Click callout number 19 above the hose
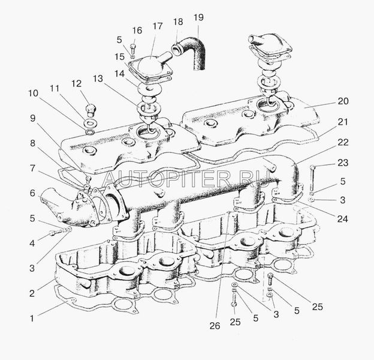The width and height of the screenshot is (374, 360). coord(198,17)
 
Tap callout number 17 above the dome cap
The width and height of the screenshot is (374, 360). coord(158,26)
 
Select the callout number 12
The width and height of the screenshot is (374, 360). coord(77,83)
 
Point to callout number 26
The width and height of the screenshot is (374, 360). coord(215,326)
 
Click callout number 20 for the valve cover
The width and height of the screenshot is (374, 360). coord(343,101)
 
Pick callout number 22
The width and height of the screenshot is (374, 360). coord(343,142)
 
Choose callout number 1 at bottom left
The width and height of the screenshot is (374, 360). coord(32,318)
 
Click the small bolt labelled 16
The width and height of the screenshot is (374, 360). coord(133,48)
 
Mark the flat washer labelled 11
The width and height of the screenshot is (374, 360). coord(90,124)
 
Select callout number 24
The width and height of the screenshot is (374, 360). coord(342,219)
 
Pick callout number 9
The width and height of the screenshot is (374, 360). coord(33,118)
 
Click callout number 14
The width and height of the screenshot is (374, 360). coord(119,74)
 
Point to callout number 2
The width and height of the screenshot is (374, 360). coord(32,293)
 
